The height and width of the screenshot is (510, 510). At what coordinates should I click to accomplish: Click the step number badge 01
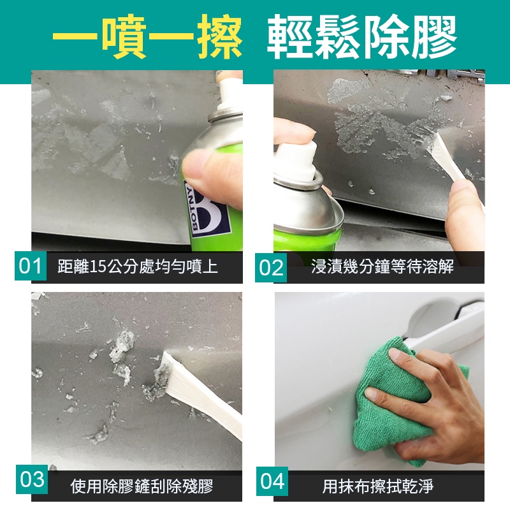(31, 266)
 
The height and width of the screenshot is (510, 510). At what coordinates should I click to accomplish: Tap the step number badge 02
(271, 268)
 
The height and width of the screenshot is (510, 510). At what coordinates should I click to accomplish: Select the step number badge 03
(32, 479)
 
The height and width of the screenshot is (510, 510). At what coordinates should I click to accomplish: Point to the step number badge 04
(272, 481)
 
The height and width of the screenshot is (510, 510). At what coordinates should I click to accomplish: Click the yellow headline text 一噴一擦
(147, 36)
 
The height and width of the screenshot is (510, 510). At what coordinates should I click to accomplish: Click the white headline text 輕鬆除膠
(361, 36)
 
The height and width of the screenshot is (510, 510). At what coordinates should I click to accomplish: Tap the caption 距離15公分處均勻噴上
(138, 266)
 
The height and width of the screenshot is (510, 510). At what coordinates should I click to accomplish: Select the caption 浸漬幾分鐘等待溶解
(382, 266)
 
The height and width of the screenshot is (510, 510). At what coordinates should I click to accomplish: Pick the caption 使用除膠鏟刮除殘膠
(142, 486)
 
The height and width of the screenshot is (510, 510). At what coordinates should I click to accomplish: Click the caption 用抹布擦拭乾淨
(378, 486)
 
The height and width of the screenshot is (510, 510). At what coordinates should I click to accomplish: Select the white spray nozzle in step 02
(298, 161)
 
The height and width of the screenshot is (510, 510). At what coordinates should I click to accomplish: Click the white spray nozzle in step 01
(229, 92)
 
